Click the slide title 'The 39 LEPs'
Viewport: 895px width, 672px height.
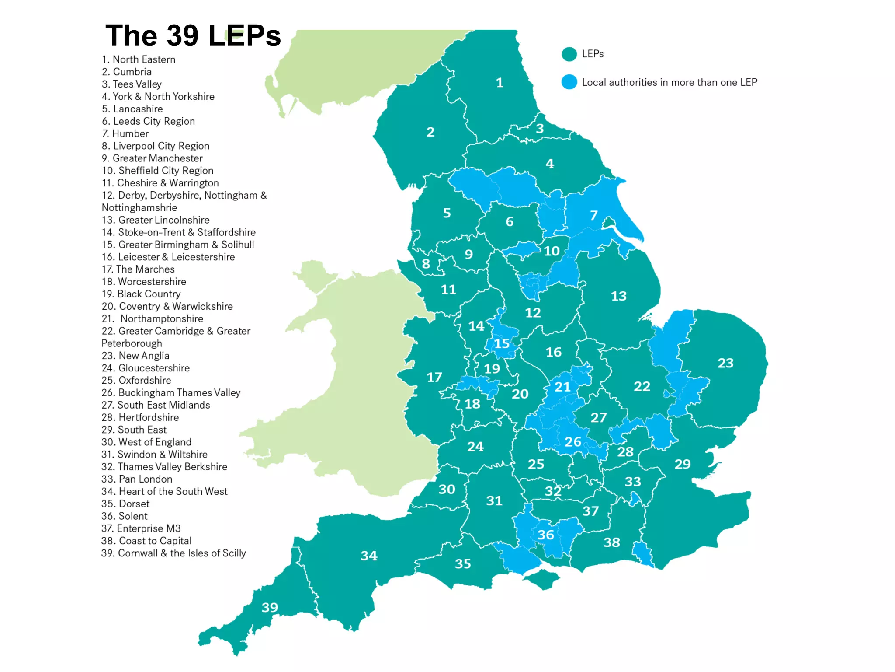193,35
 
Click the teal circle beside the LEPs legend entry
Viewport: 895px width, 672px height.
569,54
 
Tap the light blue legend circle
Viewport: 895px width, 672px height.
569,82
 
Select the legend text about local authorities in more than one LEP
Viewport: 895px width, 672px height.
669,82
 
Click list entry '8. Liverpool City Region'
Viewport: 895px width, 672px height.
155,146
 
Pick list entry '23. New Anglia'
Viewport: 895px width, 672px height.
135,356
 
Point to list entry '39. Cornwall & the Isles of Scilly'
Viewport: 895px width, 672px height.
173,553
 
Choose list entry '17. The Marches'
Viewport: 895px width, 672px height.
138,269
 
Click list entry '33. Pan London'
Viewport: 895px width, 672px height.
137,479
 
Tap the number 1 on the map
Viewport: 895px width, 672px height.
500,83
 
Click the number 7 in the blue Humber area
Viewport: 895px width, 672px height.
593,215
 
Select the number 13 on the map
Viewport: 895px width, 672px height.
618,296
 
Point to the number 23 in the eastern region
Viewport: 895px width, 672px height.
725,363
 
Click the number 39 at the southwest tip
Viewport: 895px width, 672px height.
270,607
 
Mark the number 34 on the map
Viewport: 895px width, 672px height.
369,556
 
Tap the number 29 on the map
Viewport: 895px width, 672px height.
682,464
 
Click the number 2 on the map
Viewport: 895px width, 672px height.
430,132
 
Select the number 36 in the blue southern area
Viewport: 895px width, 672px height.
545,535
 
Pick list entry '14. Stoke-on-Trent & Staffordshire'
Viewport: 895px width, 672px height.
178,232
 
